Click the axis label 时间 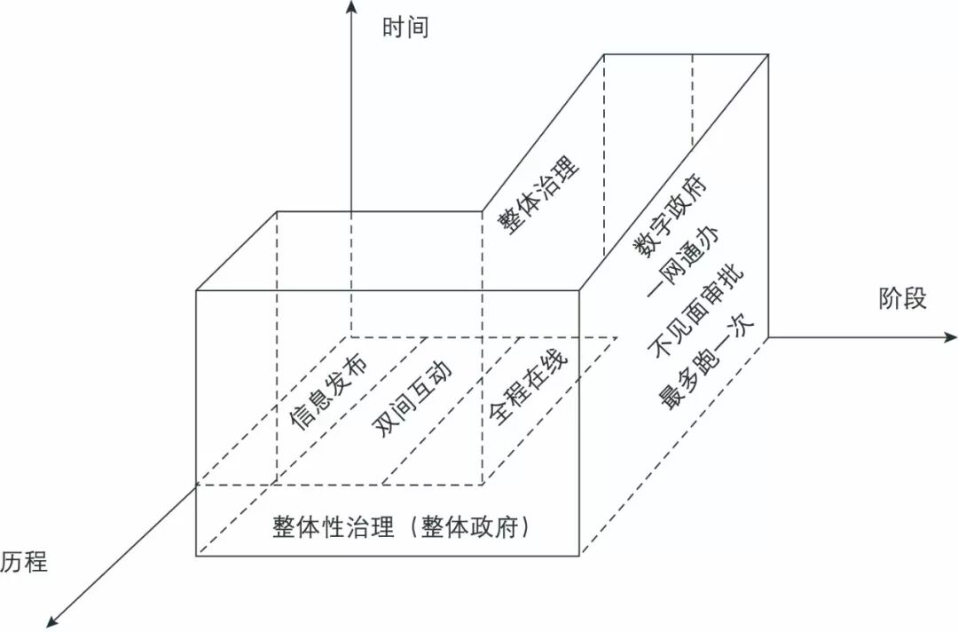point(405,28)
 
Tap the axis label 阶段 point(902,299)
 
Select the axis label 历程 point(24,562)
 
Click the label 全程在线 point(528,384)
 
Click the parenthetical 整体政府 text point(476,527)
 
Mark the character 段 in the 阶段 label point(915,299)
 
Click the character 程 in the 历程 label point(35,562)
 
